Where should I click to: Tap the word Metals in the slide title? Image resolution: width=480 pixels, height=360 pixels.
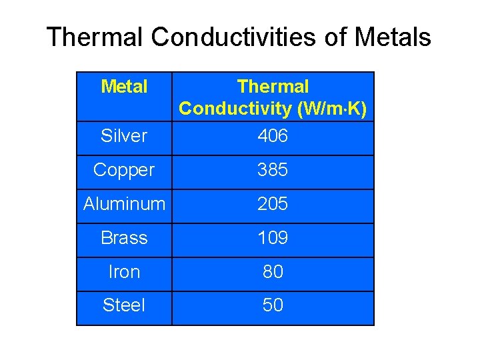(393, 37)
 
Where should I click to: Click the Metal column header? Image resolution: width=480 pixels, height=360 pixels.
(124, 87)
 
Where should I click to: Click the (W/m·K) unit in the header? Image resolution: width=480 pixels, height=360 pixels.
(331, 109)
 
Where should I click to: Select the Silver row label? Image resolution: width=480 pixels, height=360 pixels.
(124, 136)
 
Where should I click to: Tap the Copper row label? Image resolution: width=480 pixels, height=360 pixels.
(124, 171)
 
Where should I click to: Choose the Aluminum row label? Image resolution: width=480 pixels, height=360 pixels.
(124, 204)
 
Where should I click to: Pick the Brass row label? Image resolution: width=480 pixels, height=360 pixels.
(124, 238)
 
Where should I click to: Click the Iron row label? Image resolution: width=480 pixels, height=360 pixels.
(124, 272)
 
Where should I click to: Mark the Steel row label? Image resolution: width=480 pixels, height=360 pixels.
(124, 305)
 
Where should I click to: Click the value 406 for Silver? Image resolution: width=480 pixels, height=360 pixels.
(273, 136)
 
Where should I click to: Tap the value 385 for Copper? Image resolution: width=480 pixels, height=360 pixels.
(273, 171)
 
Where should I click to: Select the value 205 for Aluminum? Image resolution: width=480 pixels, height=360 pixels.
(273, 204)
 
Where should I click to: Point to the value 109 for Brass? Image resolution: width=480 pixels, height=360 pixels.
(273, 238)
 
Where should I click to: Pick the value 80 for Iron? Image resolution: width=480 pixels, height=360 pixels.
(273, 272)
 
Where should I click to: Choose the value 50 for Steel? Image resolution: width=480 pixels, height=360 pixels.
(273, 305)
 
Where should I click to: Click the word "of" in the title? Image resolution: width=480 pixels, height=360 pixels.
(336, 37)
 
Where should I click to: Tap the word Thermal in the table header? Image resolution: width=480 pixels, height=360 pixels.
(273, 87)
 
